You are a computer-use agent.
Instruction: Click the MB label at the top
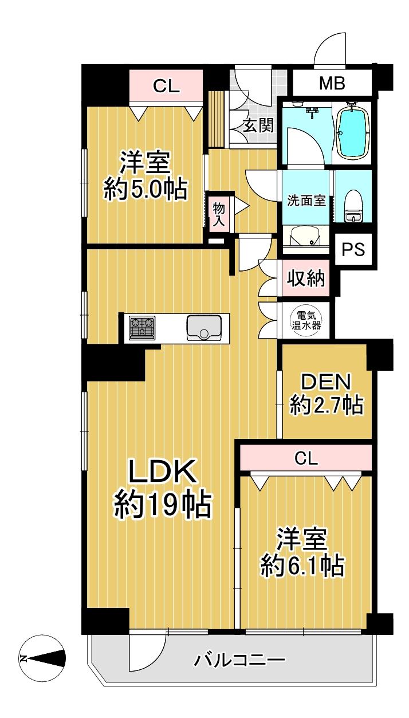pyautogui.click(x=332, y=84)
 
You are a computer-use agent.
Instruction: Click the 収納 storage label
pyautogui.click(x=306, y=279)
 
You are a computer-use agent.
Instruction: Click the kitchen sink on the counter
pyautogui.click(x=200, y=328)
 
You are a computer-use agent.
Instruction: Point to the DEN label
pyautogui.click(x=325, y=382)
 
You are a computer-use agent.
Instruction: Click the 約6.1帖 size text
pyautogui.click(x=302, y=567)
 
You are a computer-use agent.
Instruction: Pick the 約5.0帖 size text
pyautogui.click(x=145, y=189)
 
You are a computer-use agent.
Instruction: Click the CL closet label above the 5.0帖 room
pyautogui.click(x=166, y=86)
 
